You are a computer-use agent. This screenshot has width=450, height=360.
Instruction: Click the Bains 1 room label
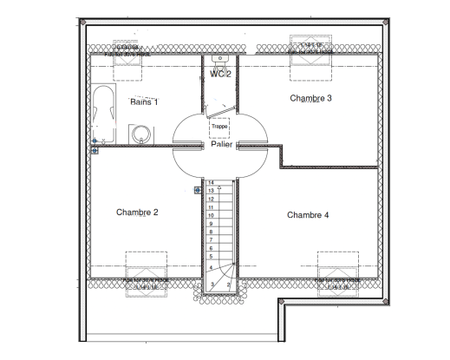coord(144,101)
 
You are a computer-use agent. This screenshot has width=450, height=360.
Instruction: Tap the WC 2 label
coord(219,74)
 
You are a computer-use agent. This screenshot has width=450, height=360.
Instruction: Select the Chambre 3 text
coord(310,98)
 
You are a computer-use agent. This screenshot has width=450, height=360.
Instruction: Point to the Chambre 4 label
coord(308,214)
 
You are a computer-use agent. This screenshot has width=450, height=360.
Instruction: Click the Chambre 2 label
coord(137,212)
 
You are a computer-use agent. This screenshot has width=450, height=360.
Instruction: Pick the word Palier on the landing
coord(220,145)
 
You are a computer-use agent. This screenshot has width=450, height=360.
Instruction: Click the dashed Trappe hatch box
coord(219,127)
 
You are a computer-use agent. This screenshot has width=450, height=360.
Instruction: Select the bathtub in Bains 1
coord(102,115)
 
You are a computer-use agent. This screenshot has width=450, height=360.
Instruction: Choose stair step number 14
coord(211,182)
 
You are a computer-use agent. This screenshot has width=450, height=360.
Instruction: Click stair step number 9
coord(211,224)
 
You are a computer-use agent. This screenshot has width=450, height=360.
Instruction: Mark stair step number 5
coord(211,257)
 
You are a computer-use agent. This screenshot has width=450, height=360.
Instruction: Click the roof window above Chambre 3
coord(310,49)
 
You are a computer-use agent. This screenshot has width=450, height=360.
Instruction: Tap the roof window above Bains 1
coord(133,49)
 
